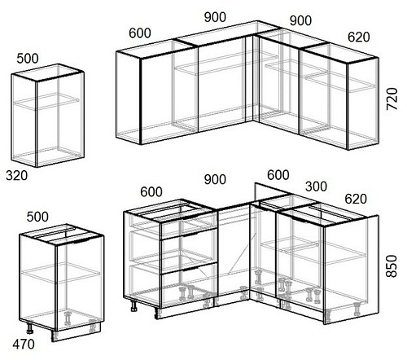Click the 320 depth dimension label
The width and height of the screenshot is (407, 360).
coord(17,176)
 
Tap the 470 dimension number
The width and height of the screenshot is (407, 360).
coord(24,345)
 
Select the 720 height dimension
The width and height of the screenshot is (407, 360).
coord(392,99)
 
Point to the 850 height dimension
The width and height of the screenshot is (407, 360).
coord(392,266)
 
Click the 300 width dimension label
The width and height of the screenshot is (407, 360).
coord(316,187)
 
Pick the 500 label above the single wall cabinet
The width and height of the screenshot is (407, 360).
coord(28,59)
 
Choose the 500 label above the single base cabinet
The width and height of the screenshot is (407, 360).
coord(37,217)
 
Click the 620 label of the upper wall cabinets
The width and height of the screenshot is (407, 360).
coord(359,37)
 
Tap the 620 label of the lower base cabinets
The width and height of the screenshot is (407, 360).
coord(356,199)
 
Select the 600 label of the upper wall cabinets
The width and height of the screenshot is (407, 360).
coord(140,33)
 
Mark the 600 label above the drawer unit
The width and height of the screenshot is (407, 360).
coord(151,192)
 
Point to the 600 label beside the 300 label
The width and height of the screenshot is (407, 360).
coord(278,175)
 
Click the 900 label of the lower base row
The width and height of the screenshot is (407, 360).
coord(215,179)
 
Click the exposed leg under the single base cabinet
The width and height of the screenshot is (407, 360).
coord(29,327)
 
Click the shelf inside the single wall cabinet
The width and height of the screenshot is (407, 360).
coord(46,102)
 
